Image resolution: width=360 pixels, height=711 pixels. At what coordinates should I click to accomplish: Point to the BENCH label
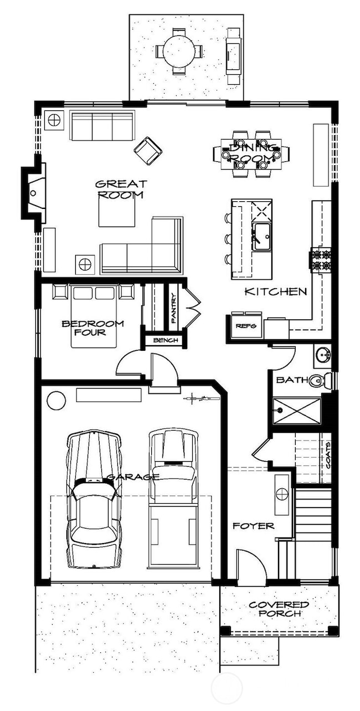(165, 340)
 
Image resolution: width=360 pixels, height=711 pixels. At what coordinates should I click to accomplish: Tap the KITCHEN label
(275, 291)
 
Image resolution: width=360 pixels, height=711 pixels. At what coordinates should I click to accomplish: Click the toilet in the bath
(318, 381)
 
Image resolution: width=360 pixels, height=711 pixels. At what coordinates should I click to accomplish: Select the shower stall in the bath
(296, 411)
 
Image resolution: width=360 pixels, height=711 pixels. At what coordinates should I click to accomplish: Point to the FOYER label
(253, 525)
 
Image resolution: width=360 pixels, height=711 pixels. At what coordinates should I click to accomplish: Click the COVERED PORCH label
(279, 609)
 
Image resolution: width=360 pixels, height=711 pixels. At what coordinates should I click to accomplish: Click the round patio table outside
(179, 51)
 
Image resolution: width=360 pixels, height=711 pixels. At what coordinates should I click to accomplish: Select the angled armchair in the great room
(148, 150)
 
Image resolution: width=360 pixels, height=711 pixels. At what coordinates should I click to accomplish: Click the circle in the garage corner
(56, 400)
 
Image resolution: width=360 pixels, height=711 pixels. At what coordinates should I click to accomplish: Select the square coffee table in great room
(117, 212)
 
